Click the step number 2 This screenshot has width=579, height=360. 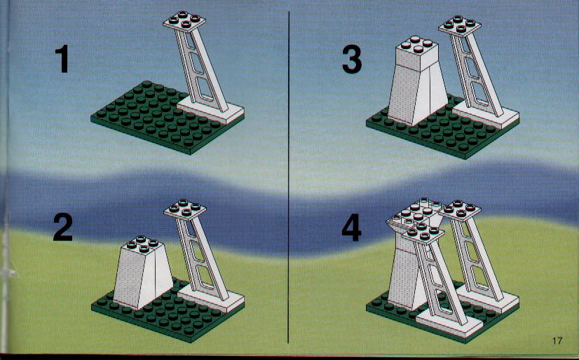[x=63, y=227]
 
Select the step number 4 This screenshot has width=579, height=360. [x=351, y=227]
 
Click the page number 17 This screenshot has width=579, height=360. [x=557, y=340]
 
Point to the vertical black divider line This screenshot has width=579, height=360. [x=288, y=177]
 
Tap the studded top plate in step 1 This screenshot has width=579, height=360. [x=184, y=22]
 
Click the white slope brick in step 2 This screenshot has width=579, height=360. [x=142, y=273]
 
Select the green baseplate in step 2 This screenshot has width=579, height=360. [x=159, y=314]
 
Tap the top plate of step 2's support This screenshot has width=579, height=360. [x=184, y=209]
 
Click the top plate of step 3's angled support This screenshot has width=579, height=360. [x=460, y=26]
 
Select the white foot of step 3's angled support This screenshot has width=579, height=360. [x=486, y=114]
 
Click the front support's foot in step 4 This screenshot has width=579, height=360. [x=451, y=321]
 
